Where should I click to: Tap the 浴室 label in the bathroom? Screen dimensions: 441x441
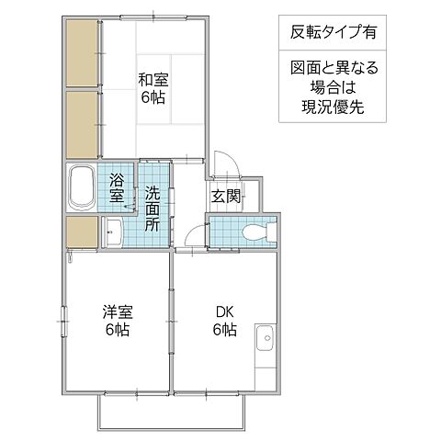click(x=119, y=187)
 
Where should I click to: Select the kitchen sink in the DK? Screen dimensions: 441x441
click(x=264, y=340)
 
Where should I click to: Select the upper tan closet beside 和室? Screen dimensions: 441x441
click(x=82, y=52)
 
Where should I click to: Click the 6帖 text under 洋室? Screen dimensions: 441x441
click(x=116, y=331)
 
